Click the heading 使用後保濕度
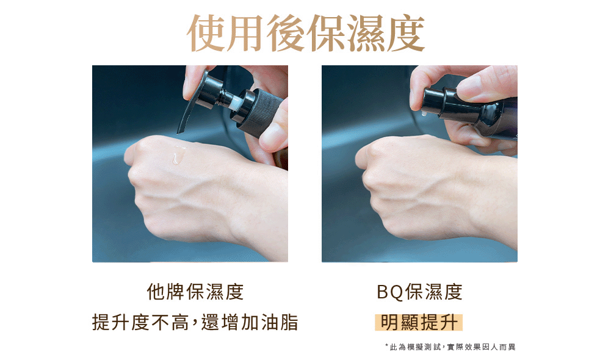[306, 34]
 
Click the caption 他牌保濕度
[195, 292]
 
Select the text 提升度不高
[140, 323]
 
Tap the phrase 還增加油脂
[250, 323]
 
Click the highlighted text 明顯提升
[419, 323]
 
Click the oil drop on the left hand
[178, 155]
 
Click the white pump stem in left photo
[235, 103]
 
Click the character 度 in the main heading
[406, 34]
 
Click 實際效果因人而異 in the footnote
[481, 347]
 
